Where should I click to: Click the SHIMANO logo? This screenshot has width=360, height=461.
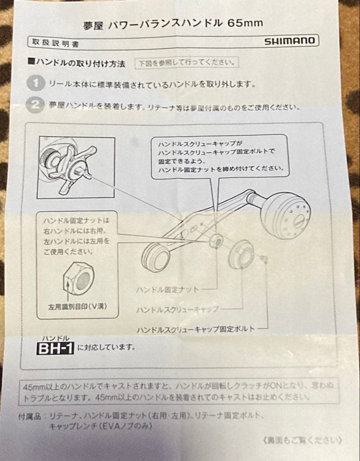[290, 41]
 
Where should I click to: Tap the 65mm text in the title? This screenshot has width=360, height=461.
[245, 23]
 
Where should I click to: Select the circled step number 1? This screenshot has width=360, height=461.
[35, 83]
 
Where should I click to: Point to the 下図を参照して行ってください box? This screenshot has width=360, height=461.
[186, 63]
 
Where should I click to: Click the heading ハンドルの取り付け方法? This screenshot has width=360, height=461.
[80, 64]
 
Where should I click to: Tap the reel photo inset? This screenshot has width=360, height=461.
[75, 166]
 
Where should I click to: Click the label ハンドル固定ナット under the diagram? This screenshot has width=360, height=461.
[167, 289]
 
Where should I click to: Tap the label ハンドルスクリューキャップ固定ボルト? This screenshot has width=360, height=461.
[195, 329]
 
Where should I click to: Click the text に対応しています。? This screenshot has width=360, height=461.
[107, 347]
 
